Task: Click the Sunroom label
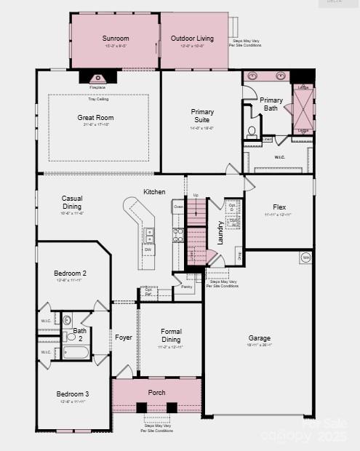pyautogui.click(x=115, y=38)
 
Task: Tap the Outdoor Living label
pyautogui.click(x=192, y=38)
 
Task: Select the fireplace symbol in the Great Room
pyautogui.click(x=97, y=78)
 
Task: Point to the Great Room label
pyautogui.click(x=95, y=117)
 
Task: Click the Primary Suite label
pyautogui.click(x=202, y=116)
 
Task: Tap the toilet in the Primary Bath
pyautogui.click(x=252, y=132)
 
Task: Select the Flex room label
pyautogui.click(x=279, y=207)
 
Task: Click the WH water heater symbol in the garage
pyautogui.click(x=305, y=258)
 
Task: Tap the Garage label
pyautogui.click(x=260, y=338)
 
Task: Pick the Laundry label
pyautogui.click(x=220, y=232)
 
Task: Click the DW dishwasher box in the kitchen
pyautogui.click(x=148, y=250)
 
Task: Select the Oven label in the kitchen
pyautogui.click(x=178, y=207)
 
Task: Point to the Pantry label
pyautogui.click(x=187, y=287)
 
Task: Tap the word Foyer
pyautogui.click(x=123, y=338)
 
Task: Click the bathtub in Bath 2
pyautogui.click(x=76, y=353)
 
